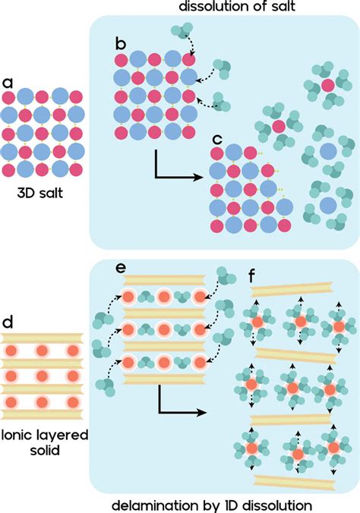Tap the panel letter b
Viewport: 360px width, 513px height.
click(x=120, y=43)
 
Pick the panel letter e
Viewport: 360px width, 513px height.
click(x=120, y=268)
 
